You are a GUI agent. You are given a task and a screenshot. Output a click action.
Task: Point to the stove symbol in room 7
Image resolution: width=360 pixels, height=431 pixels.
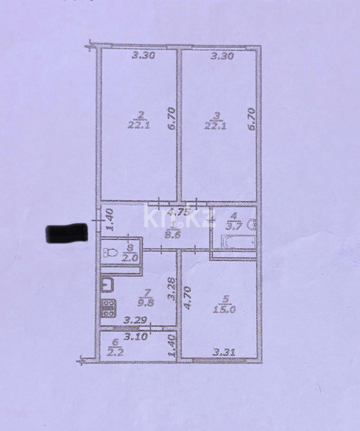pos(109,307)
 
